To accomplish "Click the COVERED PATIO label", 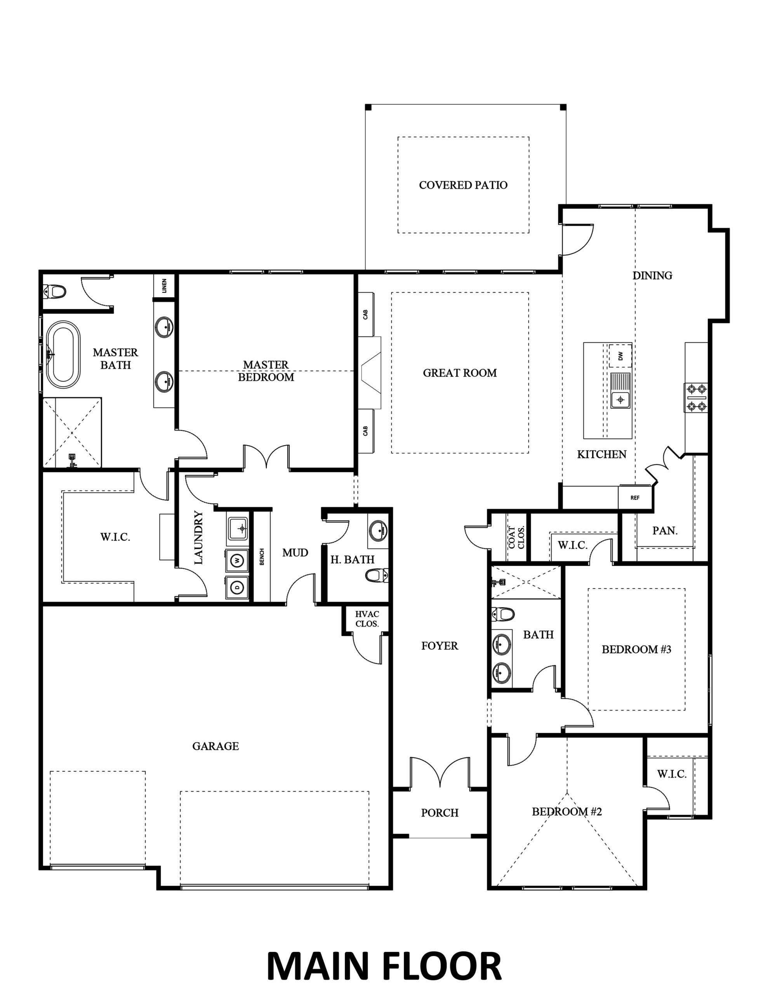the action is [x=463, y=185].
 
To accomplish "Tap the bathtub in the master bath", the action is [x=63, y=355].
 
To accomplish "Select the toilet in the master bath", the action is [x=55, y=290].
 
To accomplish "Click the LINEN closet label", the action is [x=164, y=286].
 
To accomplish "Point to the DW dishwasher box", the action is [x=620, y=356].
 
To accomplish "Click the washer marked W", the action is [x=237, y=561].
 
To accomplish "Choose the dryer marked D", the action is [x=237, y=587].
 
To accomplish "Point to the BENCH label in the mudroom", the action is [x=262, y=557].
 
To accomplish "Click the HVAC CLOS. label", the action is [x=367, y=619].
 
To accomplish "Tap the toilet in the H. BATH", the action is [x=377, y=576].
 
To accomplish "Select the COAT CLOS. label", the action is [x=516, y=537].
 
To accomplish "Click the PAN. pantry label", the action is [x=665, y=530].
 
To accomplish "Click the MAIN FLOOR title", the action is [x=384, y=964].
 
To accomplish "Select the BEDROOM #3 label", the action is [x=636, y=649].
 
